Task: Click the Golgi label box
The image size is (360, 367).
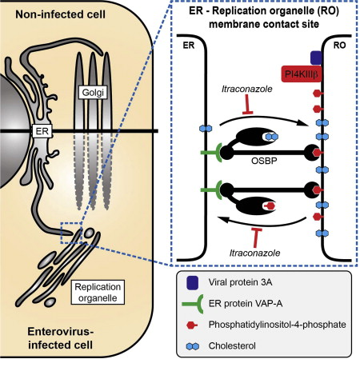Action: tap(93, 92)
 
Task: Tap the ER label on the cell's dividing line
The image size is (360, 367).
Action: tap(42, 131)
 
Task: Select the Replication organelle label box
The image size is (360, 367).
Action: tap(98, 292)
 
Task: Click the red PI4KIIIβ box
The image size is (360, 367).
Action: tap(301, 74)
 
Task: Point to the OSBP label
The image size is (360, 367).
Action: tap(264, 161)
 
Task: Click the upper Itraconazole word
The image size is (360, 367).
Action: tap(247, 89)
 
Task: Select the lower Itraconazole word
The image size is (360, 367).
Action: tap(254, 253)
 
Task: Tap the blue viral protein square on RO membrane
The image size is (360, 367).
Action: tap(317, 58)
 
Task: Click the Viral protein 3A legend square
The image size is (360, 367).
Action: tap(192, 282)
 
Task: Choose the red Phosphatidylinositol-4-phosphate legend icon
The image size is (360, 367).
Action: tap(192, 325)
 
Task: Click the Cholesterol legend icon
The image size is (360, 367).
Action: tap(193, 346)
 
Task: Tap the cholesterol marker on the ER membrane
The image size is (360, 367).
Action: tap(206, 129)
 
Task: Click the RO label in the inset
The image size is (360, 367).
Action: tap(339, 46)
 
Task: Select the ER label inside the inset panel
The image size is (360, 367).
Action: tap(189, 46)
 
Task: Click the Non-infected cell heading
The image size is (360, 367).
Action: tap(60, 14)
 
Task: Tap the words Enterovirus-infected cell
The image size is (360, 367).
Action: tap(61, 338)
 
